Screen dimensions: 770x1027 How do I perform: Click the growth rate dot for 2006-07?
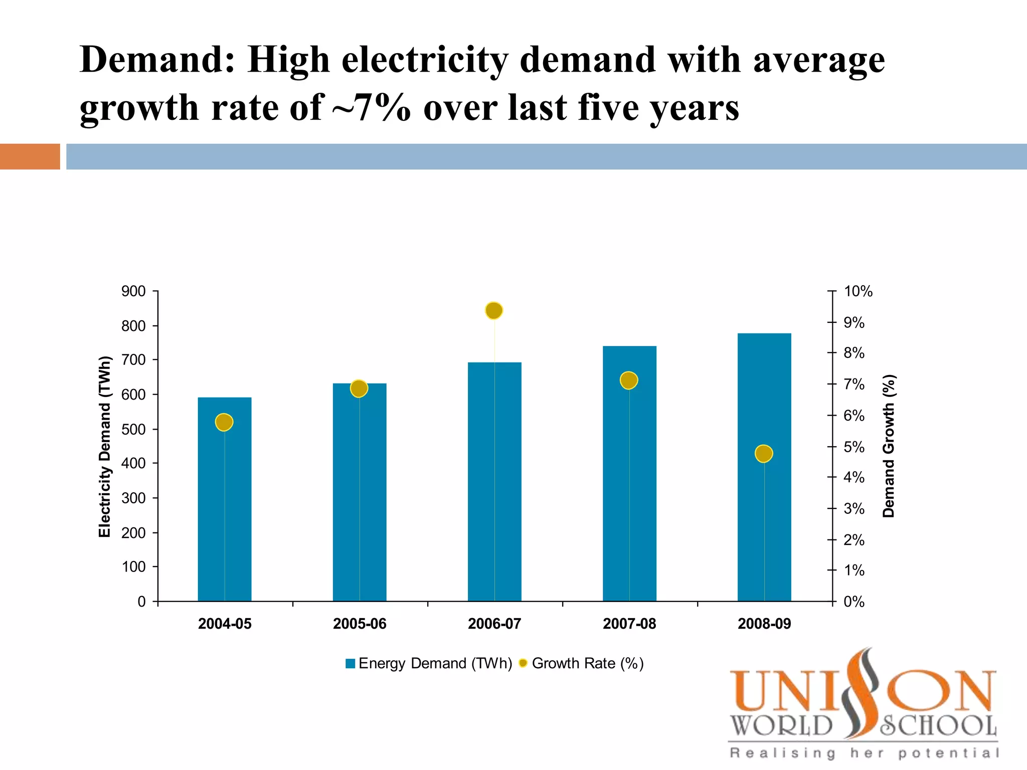[x=494, y=311]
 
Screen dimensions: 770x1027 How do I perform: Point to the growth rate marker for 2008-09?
[x=763, y=454]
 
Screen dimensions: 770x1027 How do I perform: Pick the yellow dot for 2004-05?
[x=224, y=422]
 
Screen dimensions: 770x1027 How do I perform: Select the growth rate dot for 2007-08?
[x=628, y=380]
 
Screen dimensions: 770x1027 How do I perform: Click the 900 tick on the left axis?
[x=133, y=291]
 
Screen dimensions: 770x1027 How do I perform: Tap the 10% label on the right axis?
[x=858, y=291]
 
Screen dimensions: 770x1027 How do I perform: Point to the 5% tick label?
[x=853, y=447]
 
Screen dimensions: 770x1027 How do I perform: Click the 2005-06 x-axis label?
[x=360, y=624]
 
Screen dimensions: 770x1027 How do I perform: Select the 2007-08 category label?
[x=629, y=624]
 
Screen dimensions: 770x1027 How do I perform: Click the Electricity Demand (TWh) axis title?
[x=104, y=446]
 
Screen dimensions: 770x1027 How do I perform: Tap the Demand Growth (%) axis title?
[x=889, y=446]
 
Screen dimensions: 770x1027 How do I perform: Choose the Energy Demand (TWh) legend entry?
[x=429, y=663]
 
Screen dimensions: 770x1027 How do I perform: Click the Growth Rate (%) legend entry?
[x=582, y=663]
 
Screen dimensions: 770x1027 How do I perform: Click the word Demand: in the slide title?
[x=157, y=60]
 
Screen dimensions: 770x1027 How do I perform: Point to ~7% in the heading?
[x=371, y=108]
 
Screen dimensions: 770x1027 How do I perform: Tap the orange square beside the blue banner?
[x=30, y=156]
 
